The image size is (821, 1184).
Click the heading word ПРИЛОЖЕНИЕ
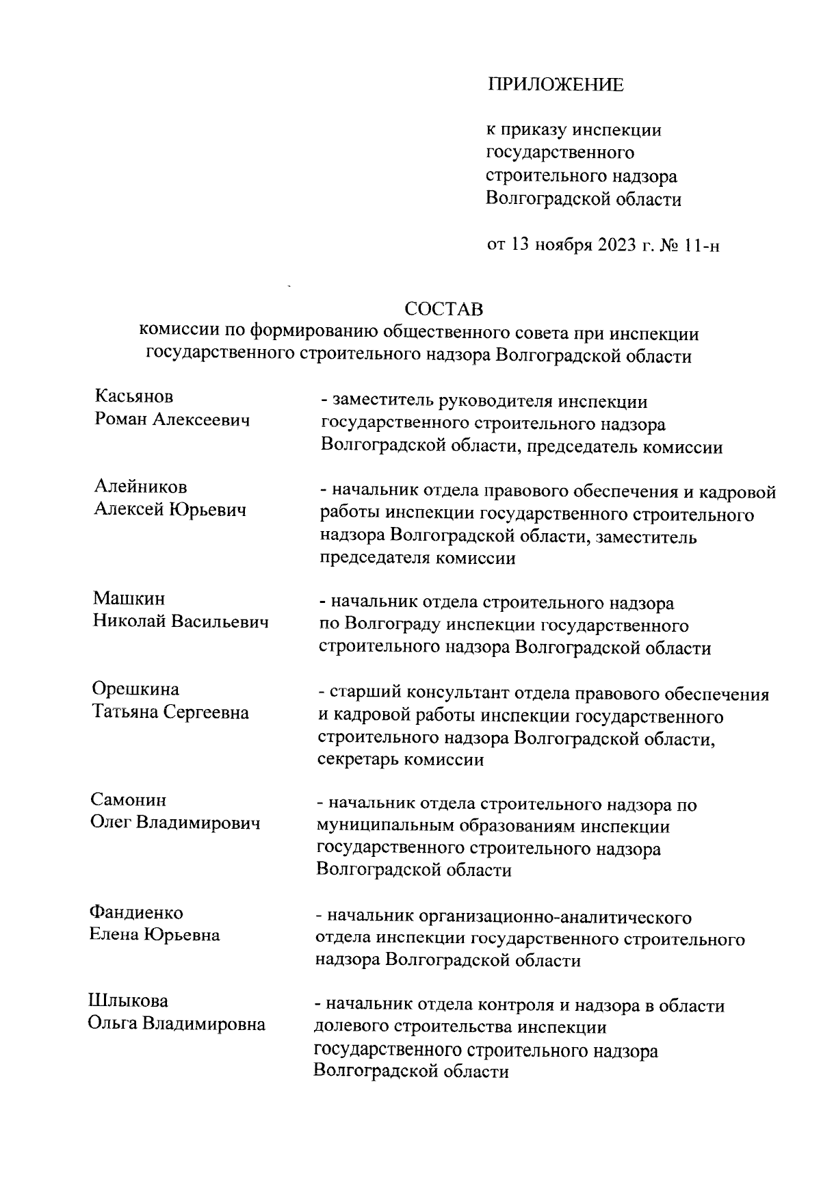tap(555, 85)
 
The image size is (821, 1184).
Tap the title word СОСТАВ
tap(443, 309)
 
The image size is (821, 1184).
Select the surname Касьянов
tap(133, 397)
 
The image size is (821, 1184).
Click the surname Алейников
tap(140, 487)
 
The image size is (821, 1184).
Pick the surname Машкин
tap(129, 599)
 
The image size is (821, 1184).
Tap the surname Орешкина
tap(135, 689)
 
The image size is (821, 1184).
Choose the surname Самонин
tap(128, 800)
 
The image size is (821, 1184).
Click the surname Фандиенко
tap(136, 912)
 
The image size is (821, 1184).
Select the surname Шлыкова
tap(128, 1001)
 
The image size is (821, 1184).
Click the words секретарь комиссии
tap(401, 760)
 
